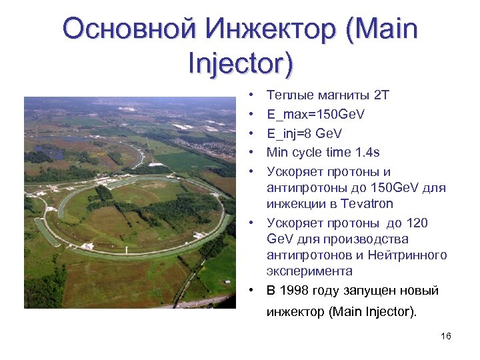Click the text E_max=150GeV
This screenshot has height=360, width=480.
315,115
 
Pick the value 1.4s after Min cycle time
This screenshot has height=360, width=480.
368,153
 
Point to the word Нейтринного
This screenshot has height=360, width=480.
411,255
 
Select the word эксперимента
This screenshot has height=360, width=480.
309,271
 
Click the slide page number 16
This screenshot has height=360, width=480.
446,336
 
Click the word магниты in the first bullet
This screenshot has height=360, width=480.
343,96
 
